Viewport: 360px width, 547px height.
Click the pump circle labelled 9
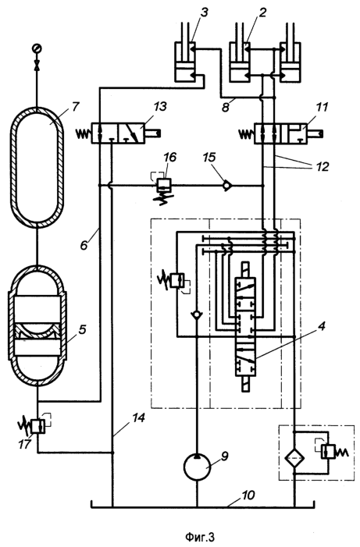click(x=197, y=467)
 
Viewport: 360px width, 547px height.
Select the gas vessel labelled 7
click(x=37, y=167)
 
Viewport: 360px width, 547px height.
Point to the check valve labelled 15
click(x=228, y=186)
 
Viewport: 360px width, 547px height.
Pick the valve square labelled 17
click(x=37, y=426)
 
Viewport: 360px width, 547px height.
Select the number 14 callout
click(x=139, y=418)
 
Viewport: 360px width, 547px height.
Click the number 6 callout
click(x=83, y=244)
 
